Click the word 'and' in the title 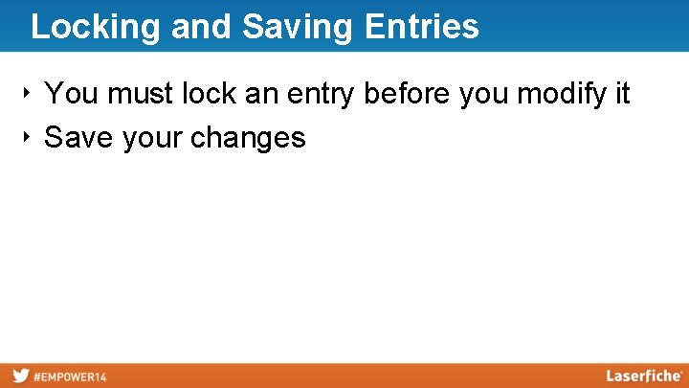click(x=201, y=27)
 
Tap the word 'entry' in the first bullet click(x=321, y=95)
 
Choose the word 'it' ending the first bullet click(x=622, y=94)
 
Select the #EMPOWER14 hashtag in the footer click(x=70, y=377)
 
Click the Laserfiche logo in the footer click(x=644, y=376)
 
